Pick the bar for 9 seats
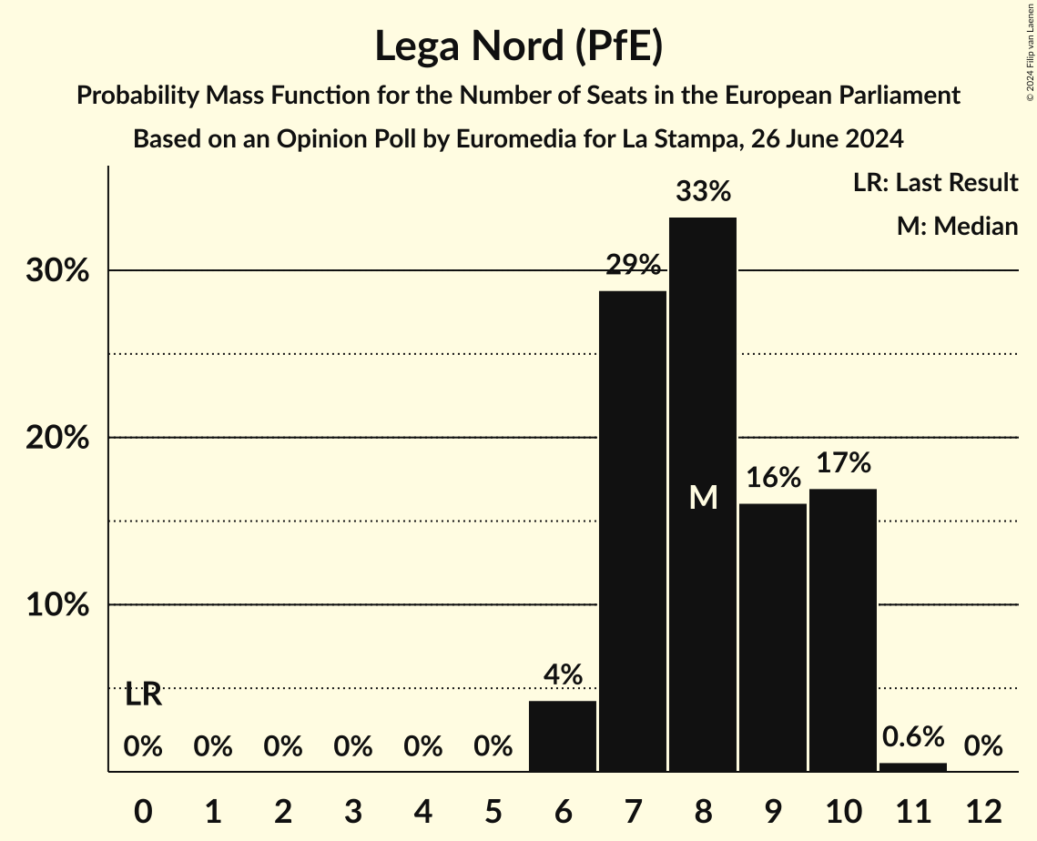click(x=773, y=637)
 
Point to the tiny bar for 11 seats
click(x=913, y=767)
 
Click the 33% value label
click(x=703, y=192)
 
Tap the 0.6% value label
click(x=913, y=735)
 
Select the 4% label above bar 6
click(x=563, y=674)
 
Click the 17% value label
click(x=843, y=462)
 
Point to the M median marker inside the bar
click(x=703, y=497)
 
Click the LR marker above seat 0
click(x=143, y=694)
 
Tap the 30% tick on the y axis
click(x=56, y=271)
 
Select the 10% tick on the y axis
click(x=56, y=605)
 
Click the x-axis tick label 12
click(x=983, y=811)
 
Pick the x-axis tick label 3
click(x=353, y=811)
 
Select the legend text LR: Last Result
click(x=935, y=183)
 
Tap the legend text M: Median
click(x=957, y=226)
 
